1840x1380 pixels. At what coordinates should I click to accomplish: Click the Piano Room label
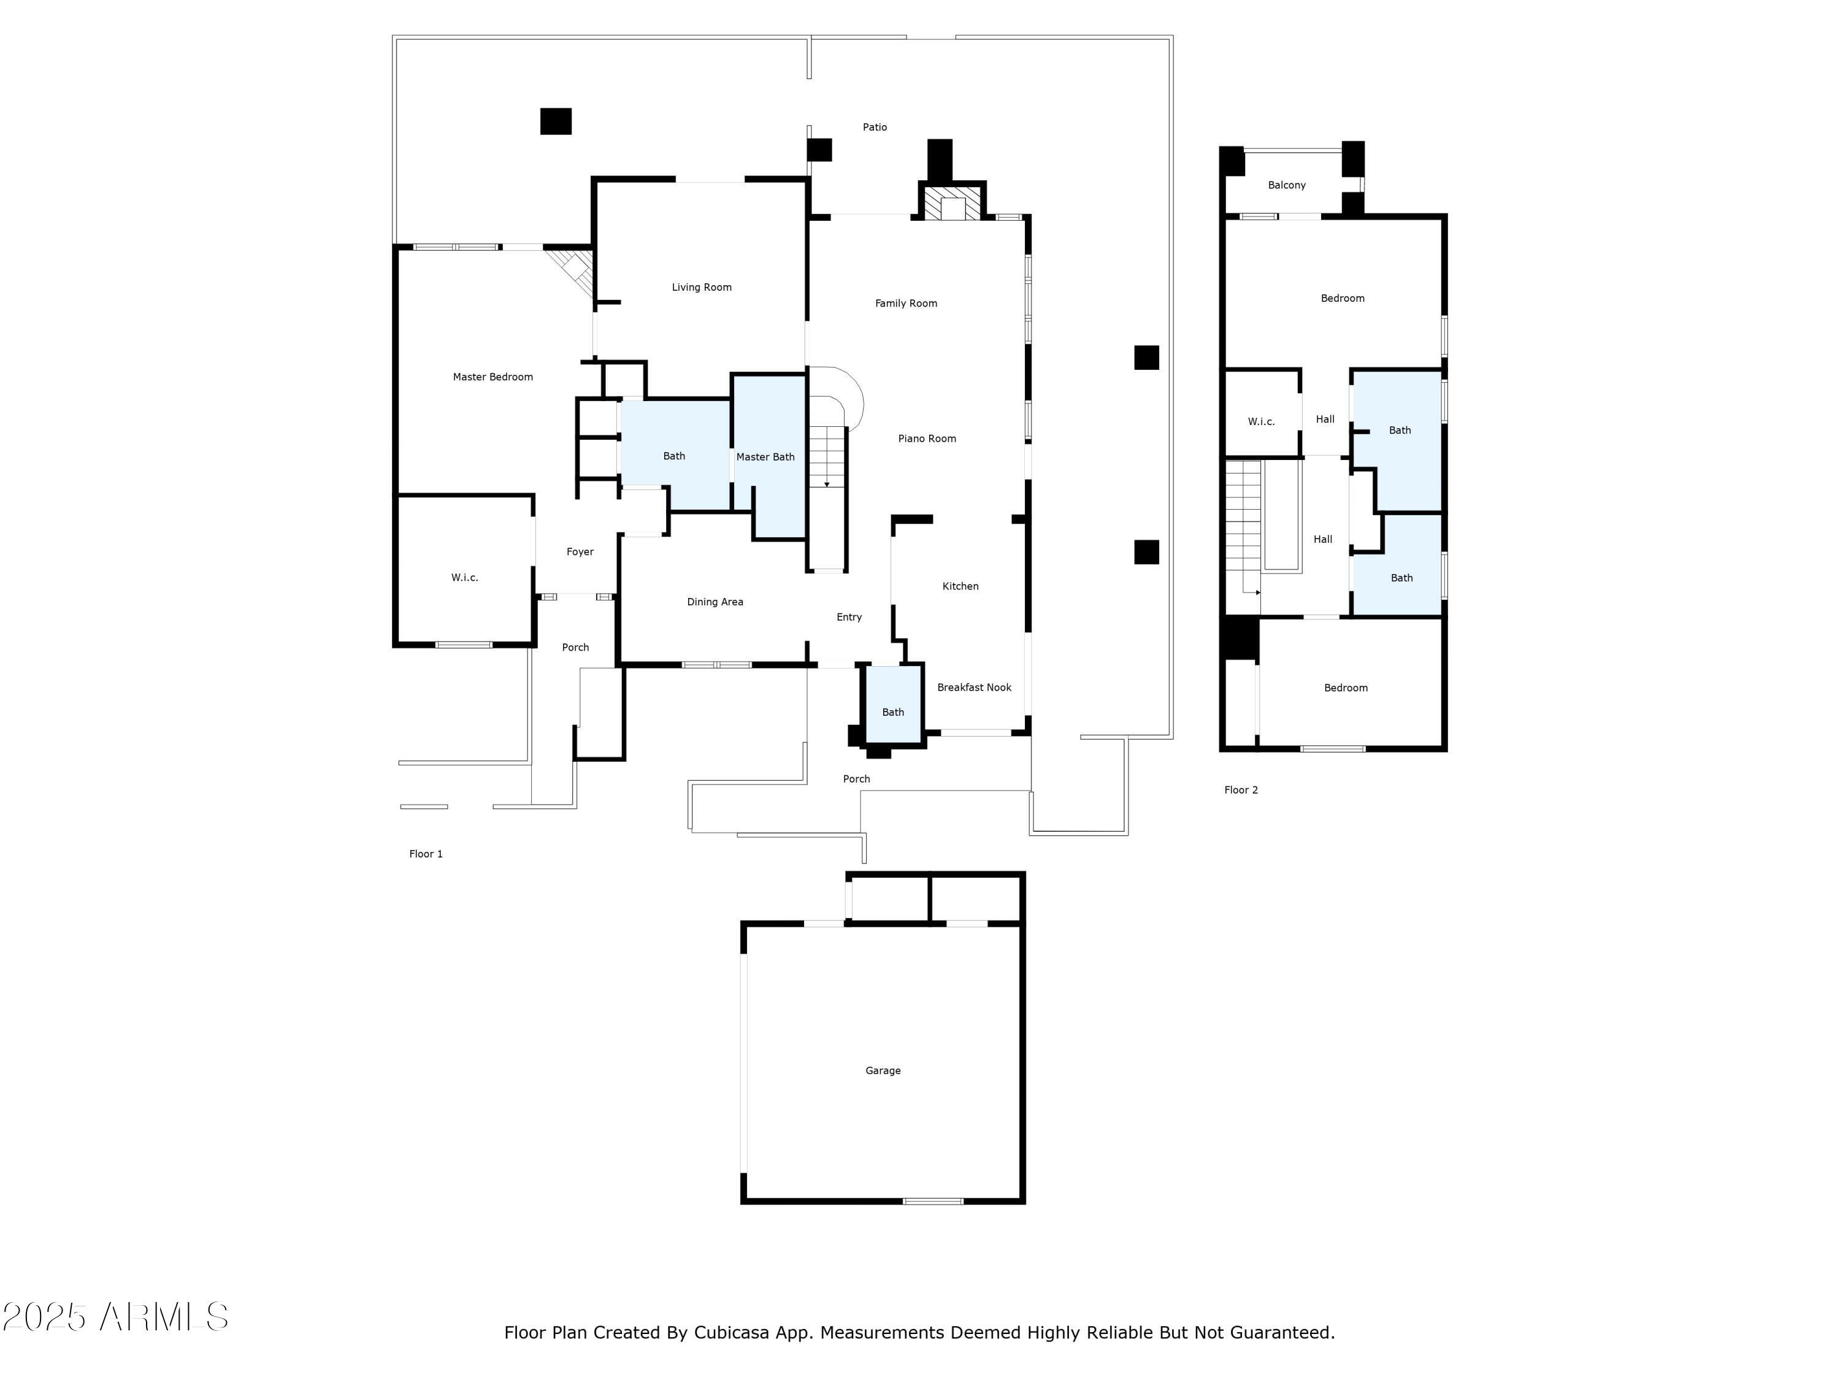click(927, 439)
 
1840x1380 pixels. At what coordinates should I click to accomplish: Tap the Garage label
click(883, 1070)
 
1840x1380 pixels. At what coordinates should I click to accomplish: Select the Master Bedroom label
click(493, 377)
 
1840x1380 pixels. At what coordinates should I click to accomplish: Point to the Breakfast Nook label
click(974, 687)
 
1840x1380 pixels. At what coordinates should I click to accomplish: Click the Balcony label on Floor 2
click(1286, 185)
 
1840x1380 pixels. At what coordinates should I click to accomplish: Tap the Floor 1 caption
click(426, 854)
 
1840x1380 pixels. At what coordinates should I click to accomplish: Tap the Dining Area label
click(715, 602)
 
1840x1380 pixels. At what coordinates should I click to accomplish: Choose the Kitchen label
click(960, 586)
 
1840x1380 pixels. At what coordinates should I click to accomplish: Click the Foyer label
click(580, 551)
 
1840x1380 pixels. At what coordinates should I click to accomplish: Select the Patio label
click(874, 128)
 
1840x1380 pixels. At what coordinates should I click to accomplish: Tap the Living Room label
click(701, 287)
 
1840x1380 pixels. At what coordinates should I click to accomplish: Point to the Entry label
click(848, 616)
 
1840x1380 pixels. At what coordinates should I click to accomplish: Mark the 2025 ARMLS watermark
click(116, 1317)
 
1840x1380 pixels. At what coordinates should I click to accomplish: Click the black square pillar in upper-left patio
click(556, 121)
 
